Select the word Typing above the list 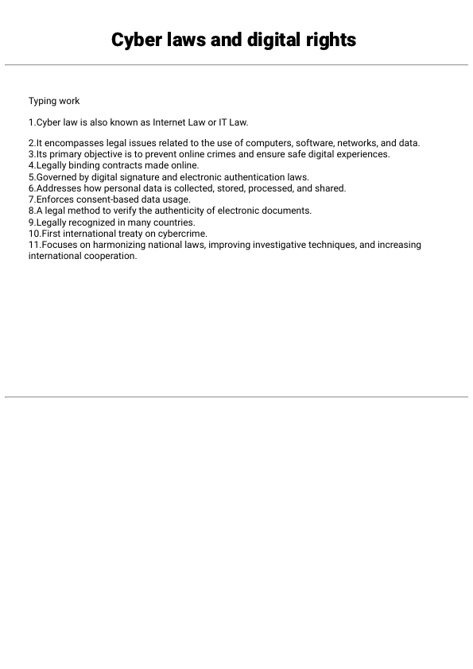tap(43, 101)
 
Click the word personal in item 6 tap(119, 188)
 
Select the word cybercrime tap(184, 234)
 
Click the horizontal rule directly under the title tap(236, 64)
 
